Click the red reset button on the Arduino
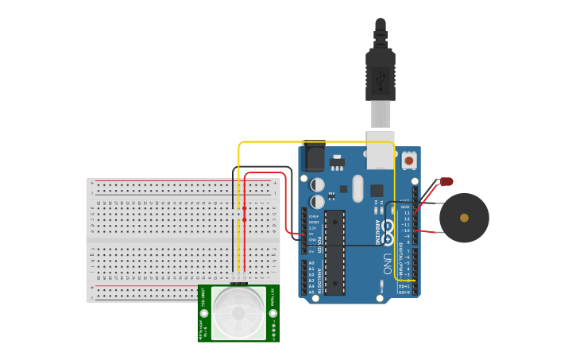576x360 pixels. point(409,161)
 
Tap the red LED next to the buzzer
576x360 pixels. point(446,181)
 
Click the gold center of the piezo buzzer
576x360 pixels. point(464,217)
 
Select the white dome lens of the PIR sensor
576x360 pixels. point(238,312)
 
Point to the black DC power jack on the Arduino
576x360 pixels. point(315,157)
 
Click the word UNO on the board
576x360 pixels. point(388,263)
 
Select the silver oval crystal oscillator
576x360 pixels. point(357,188)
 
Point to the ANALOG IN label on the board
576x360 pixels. point(320,277)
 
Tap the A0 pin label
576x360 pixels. point(311,262)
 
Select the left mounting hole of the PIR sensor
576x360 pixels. point(204,314)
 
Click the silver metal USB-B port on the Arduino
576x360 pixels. point(381,156)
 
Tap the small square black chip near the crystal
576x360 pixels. point(377,191)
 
